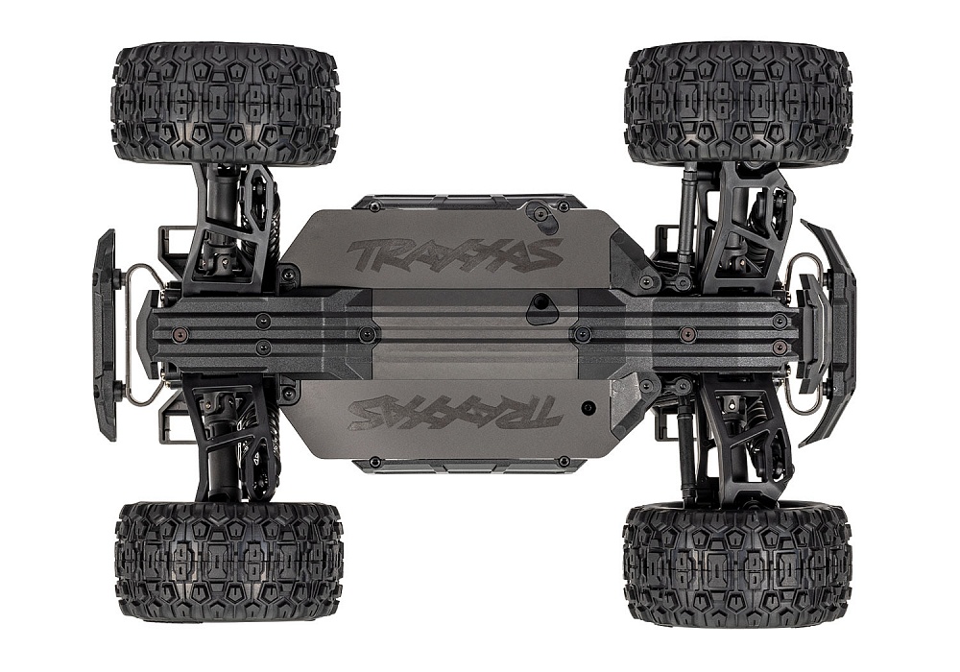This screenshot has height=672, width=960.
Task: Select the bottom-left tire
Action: click(x=228, y=561)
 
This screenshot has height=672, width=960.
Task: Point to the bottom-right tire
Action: click(x=736, y=564)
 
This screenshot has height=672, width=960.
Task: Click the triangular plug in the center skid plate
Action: click(x=541, y=309)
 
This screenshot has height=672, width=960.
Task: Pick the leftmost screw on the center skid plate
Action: click(x=180, y=334)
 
